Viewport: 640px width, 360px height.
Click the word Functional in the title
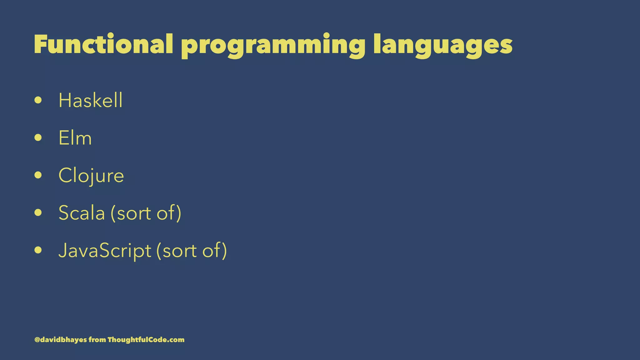click(103, 44)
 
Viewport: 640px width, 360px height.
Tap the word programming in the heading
click(273, 46)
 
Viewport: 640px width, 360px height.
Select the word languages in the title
click(442, 46)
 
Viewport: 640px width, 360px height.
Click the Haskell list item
click(90, 101)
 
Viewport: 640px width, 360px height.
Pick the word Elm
click(75, 138)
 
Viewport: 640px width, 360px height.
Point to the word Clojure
click(91, 176)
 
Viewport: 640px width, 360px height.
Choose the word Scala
click(82, 213)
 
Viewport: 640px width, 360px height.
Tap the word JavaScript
click(105, 251)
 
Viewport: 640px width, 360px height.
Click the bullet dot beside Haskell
click(38, 100)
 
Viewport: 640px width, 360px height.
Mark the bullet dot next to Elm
click(38, 138)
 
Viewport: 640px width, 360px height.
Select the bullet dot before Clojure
click(38, 175)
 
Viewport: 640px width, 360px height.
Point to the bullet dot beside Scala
click(38, 213)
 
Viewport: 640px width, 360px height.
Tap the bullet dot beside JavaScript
click(38, 250)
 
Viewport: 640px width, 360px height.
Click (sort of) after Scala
click(146, 213)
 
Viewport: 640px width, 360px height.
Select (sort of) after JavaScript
click(192, 251)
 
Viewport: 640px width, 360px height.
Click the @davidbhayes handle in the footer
click(61, 340)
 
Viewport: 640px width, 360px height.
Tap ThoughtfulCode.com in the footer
click(146, 340)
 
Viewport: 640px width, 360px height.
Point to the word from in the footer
click(97, 340)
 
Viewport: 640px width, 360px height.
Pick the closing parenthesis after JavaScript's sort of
click(224, 251)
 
